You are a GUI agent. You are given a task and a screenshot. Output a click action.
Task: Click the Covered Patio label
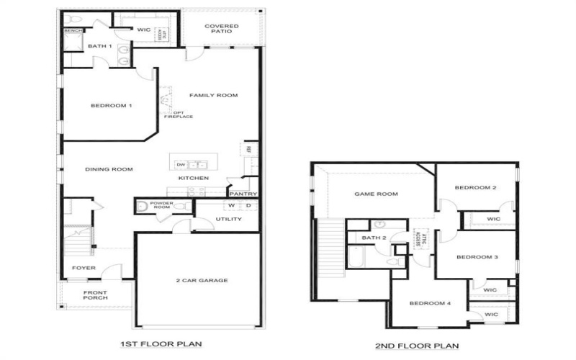[221, 30]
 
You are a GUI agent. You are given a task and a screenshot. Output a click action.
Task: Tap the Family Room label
[213, 95]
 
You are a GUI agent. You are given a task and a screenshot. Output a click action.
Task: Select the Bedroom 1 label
[111, 106]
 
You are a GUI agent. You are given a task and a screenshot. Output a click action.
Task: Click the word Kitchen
[194, 178]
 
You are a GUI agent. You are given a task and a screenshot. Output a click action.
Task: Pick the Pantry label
[243, 194]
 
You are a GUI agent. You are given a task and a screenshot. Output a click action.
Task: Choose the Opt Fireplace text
[183, 114]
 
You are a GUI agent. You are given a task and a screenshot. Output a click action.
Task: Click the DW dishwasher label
[181, 164]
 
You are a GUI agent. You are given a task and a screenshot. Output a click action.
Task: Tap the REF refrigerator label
[248, 149]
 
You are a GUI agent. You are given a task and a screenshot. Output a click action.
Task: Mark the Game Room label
[376, 194]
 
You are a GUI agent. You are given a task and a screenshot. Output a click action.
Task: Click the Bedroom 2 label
[476, 188]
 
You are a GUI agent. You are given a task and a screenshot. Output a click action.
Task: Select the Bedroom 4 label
[430, 303]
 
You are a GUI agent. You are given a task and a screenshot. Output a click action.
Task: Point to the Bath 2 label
[374, 238]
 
